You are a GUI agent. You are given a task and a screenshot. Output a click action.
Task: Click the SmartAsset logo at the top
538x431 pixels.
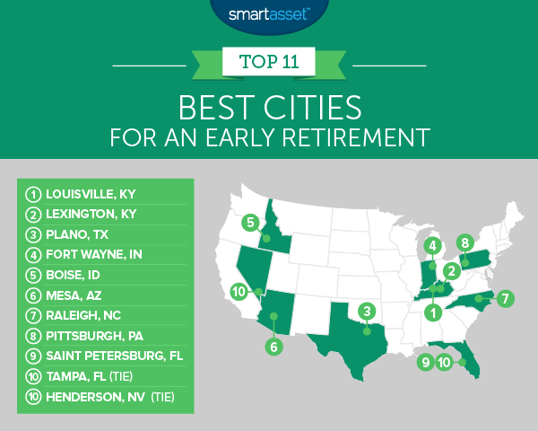(268, 15)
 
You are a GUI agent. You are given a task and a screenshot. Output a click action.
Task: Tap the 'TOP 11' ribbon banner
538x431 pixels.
(268, 64)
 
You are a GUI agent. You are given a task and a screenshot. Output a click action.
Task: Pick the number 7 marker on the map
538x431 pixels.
(507, 297)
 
